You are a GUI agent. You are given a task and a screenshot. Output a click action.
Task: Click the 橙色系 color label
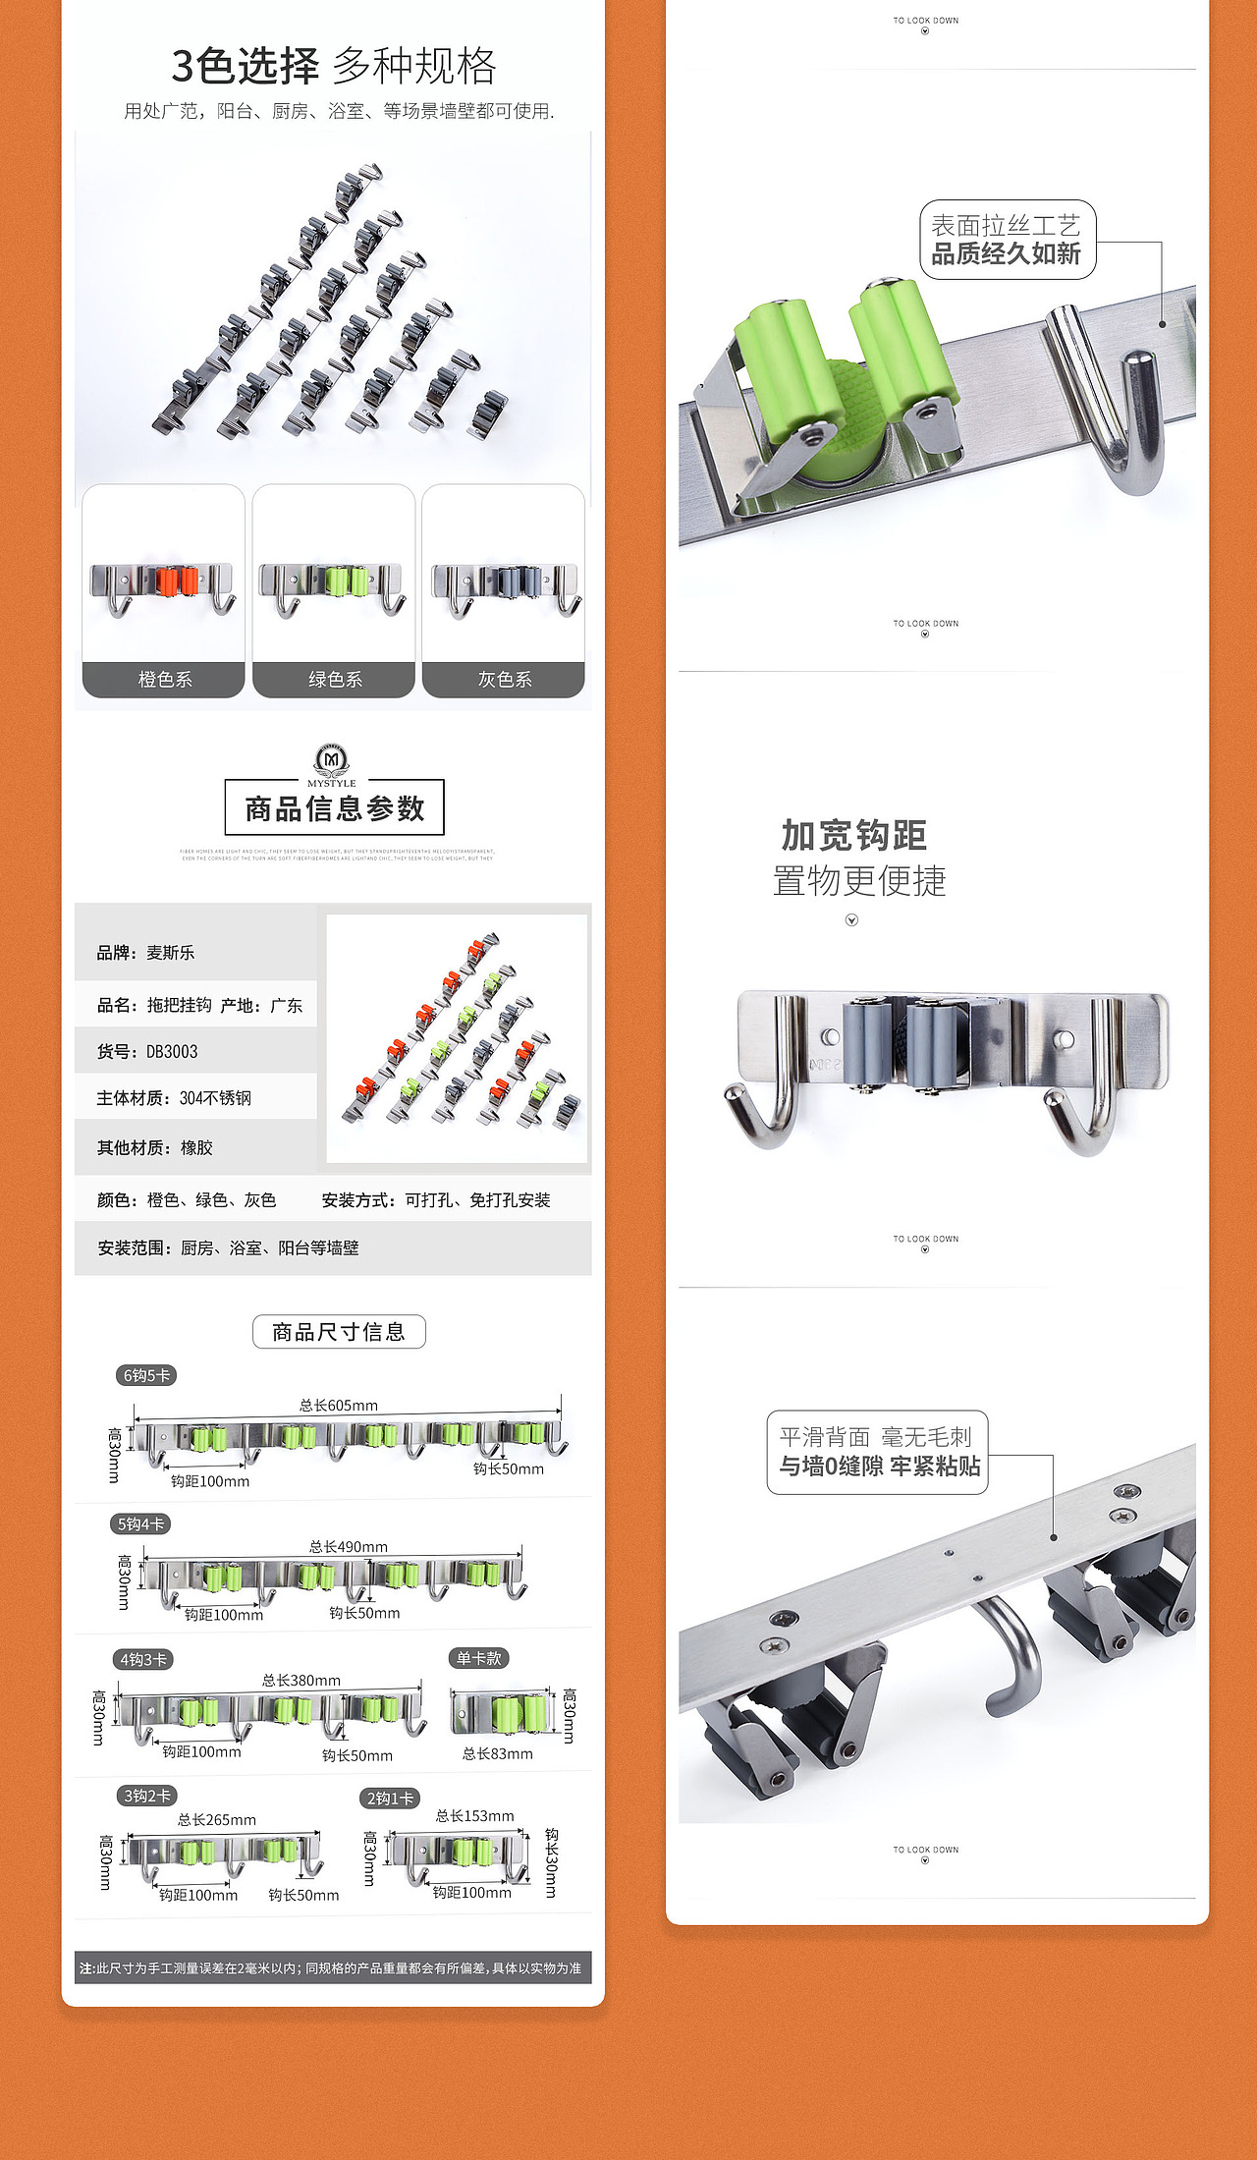164,679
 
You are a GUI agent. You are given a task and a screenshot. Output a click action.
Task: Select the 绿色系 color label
334,679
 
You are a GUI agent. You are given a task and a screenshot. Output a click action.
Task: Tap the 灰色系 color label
504,679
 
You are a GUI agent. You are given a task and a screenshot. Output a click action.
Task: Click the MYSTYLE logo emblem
332,759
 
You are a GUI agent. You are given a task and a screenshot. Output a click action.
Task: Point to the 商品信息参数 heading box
334,808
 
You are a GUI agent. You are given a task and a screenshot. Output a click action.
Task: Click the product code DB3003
172,1051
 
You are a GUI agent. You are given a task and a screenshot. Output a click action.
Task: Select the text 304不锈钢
215,1098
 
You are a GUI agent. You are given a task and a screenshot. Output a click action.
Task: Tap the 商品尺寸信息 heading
339,1332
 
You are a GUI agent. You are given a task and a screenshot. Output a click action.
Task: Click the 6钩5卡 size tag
146,1375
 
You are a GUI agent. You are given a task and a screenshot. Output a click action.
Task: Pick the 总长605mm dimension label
338,1405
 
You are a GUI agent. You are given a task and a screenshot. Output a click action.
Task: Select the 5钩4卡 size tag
140,1523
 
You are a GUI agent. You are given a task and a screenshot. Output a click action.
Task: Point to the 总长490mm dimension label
348,1546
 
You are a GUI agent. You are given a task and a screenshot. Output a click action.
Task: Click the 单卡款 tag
478,1658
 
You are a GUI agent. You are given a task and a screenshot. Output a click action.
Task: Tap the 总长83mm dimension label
497,1753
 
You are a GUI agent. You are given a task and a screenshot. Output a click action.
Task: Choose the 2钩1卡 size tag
390,1798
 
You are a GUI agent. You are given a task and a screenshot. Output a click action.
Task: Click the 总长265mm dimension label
216,1819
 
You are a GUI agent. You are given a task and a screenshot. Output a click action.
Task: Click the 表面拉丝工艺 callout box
1006,240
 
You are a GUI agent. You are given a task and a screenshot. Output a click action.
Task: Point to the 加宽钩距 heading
854,836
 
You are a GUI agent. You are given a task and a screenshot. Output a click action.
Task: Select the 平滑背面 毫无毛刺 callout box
877,1452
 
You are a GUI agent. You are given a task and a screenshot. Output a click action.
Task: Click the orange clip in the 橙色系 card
177,581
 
